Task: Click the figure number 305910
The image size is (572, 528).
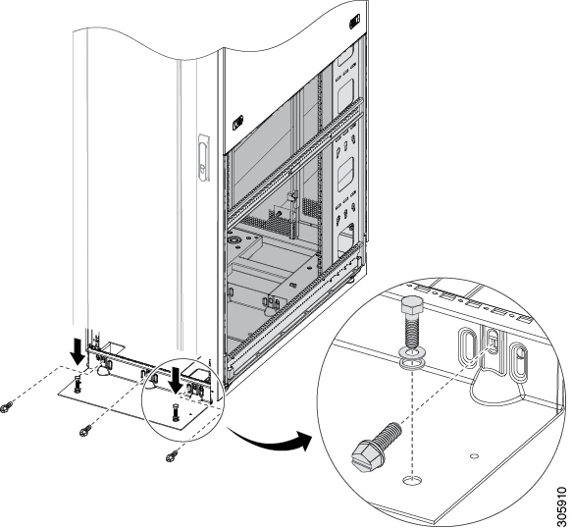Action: pos(564,507)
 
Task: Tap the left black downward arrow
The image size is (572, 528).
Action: pos(78,351)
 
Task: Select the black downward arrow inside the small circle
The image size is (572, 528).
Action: pos(177,381)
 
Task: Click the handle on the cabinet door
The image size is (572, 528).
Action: pos(204,158)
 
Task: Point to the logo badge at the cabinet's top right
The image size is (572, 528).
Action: pos(354,22)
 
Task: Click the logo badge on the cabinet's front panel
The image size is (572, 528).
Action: pos(237,123)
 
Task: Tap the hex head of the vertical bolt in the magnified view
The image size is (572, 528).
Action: pos(411,304)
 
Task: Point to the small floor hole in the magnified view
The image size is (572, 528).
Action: pos(474,455)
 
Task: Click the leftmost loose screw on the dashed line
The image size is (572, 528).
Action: pos(7,406)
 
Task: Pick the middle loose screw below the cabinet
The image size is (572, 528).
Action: pos(86,430)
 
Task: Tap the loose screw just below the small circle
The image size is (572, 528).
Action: pos(172,455)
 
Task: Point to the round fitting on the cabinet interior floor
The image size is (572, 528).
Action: pos(233,240)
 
